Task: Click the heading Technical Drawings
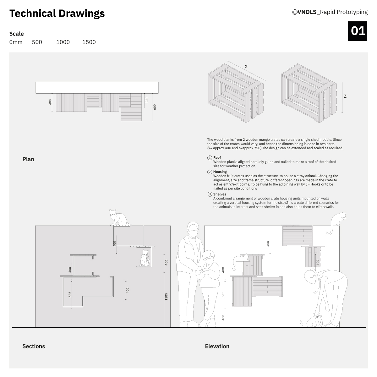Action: tap(57, 14)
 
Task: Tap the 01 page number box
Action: tap(358, 31)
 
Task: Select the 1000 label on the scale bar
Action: tap(63, 42)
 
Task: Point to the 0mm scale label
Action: tap(16, 42)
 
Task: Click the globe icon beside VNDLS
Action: tap(295, 12)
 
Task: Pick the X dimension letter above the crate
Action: tap(246, 66)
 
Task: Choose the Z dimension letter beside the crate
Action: tap(345, 96)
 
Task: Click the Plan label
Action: tap(28, 159)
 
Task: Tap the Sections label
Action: tap(34, 346)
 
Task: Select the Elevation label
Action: tap(217, 346)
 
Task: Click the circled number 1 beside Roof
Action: tap(210, 158)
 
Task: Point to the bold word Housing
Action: tap(220, 172)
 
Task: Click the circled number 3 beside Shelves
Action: tap(210, 194)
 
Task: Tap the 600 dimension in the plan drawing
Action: tap(155, 107)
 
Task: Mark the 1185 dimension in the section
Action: tap(166, 297)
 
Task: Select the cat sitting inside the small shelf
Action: tap(145, 258)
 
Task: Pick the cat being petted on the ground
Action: tap(312, 321)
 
